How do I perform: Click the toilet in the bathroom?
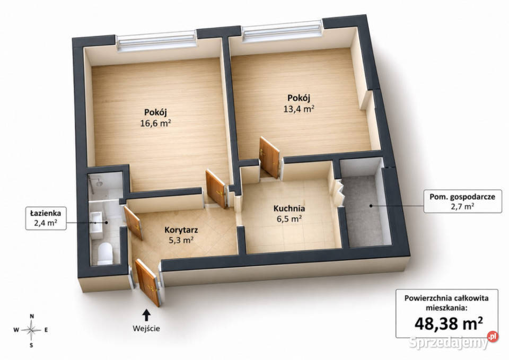(105, 253)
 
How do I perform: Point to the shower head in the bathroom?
(99, 183)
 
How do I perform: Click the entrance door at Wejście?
(148, 283)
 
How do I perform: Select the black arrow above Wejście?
(146, 315)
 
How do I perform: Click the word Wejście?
(146, 328)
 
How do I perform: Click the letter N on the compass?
(32, 316)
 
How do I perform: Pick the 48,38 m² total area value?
(449, 323)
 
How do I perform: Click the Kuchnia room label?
(289, 208)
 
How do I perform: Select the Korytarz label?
(181, 230)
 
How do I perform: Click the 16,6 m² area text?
(155, 123)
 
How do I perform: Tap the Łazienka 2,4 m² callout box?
(46, 218)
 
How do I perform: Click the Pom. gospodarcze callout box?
(462, 201)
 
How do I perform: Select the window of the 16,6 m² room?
(156, 41)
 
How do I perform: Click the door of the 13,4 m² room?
(269, 157)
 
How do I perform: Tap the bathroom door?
(133, 223)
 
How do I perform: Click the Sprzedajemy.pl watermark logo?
(453, 341)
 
